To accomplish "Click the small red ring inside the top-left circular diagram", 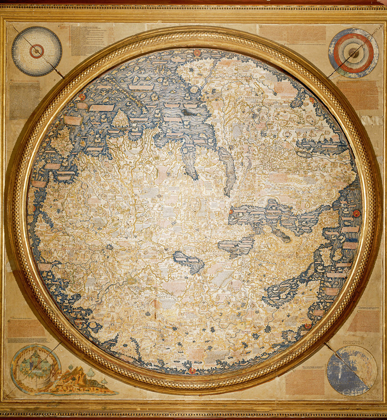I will (37, 51).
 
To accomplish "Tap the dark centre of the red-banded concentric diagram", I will (354, 52).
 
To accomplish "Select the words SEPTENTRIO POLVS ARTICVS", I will (352, 343).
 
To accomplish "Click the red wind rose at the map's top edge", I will (197, 52).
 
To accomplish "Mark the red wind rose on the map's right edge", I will (356, 213).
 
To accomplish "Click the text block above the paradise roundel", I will (27, 329).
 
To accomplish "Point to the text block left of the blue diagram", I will (305, 381).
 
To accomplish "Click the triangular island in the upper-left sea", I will (120, 119).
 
